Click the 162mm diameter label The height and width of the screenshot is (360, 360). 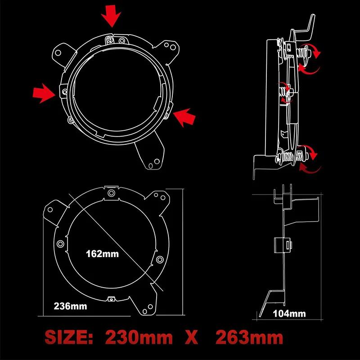(x=102, y=253)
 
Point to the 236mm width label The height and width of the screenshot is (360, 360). (x=70, y=307)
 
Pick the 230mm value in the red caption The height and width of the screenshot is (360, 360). (x=139, y=337)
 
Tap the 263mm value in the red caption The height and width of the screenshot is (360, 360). (x=249, y=337)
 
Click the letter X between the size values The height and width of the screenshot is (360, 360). (x=192, y=338)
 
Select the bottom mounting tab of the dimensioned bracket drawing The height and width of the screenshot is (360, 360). (x=147, y=306)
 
